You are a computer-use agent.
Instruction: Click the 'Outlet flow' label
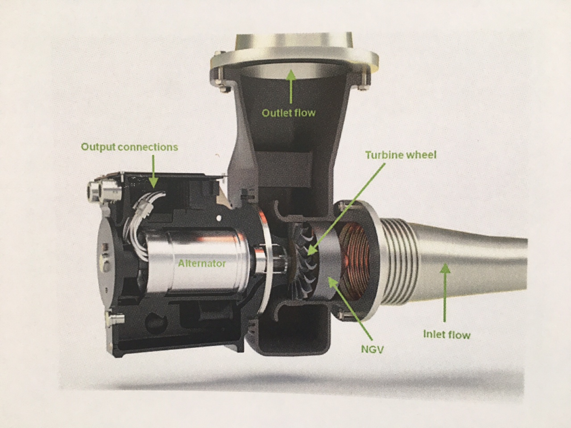289,113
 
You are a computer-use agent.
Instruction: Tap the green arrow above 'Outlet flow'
291,86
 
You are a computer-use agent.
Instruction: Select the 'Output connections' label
129,147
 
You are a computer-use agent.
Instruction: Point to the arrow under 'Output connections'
153,172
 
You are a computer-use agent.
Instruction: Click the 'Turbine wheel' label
401,155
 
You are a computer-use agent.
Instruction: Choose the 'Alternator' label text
202,263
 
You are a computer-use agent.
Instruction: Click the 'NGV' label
372,350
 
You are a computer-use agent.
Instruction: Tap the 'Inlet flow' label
447,335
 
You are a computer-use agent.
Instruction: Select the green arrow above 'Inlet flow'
445,292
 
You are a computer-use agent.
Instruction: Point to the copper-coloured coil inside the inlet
354,263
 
